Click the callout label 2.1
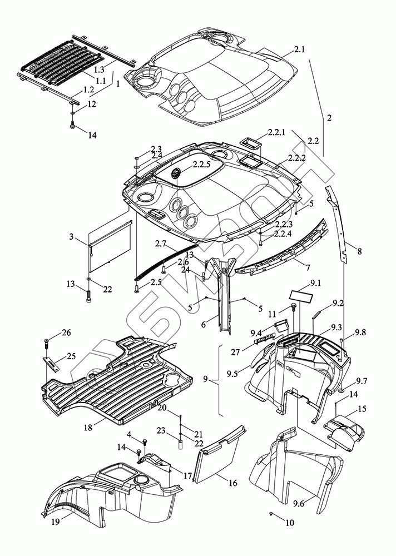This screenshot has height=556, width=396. (x=299, y=49)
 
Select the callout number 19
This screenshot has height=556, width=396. (x=56, y=522)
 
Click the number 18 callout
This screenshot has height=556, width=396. (x=88, y=427)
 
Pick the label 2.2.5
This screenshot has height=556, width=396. (x=201, y=165)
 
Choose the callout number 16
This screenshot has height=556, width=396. (x=233, y=483)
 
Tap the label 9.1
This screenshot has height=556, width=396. (x=315, y=284)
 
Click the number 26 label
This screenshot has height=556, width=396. (x=66, y=332)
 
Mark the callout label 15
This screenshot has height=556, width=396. (x=362, y=409)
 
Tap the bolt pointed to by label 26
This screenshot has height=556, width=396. (x=47, y=342)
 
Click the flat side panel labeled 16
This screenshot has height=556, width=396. (x=219, y=455)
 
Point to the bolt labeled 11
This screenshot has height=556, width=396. (x=294, y=306)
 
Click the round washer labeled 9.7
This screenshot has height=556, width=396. (x=341, y=390)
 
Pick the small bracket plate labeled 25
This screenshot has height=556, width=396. (x=51, y=364)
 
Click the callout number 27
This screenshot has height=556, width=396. (x=235, y=352)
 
